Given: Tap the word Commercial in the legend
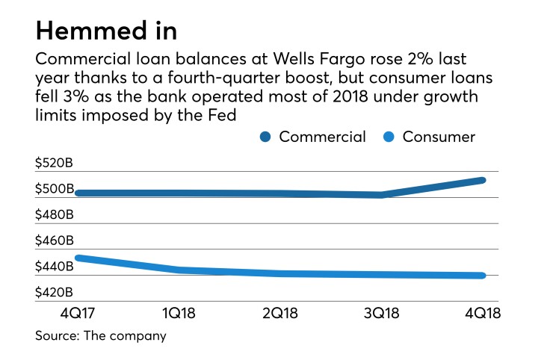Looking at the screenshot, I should [x=322, y=137].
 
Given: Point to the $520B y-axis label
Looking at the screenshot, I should [x=54, y=164].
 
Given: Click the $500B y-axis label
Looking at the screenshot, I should [x=54, y=190].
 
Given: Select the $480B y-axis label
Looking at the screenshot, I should [x=54, y=215].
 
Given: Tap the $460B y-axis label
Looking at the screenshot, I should [x=54, y=241].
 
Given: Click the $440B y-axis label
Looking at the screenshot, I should [x=54, y=267].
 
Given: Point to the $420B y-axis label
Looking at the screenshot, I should [x=54, y=292].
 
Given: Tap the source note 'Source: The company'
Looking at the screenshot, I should [x=100, y=336].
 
